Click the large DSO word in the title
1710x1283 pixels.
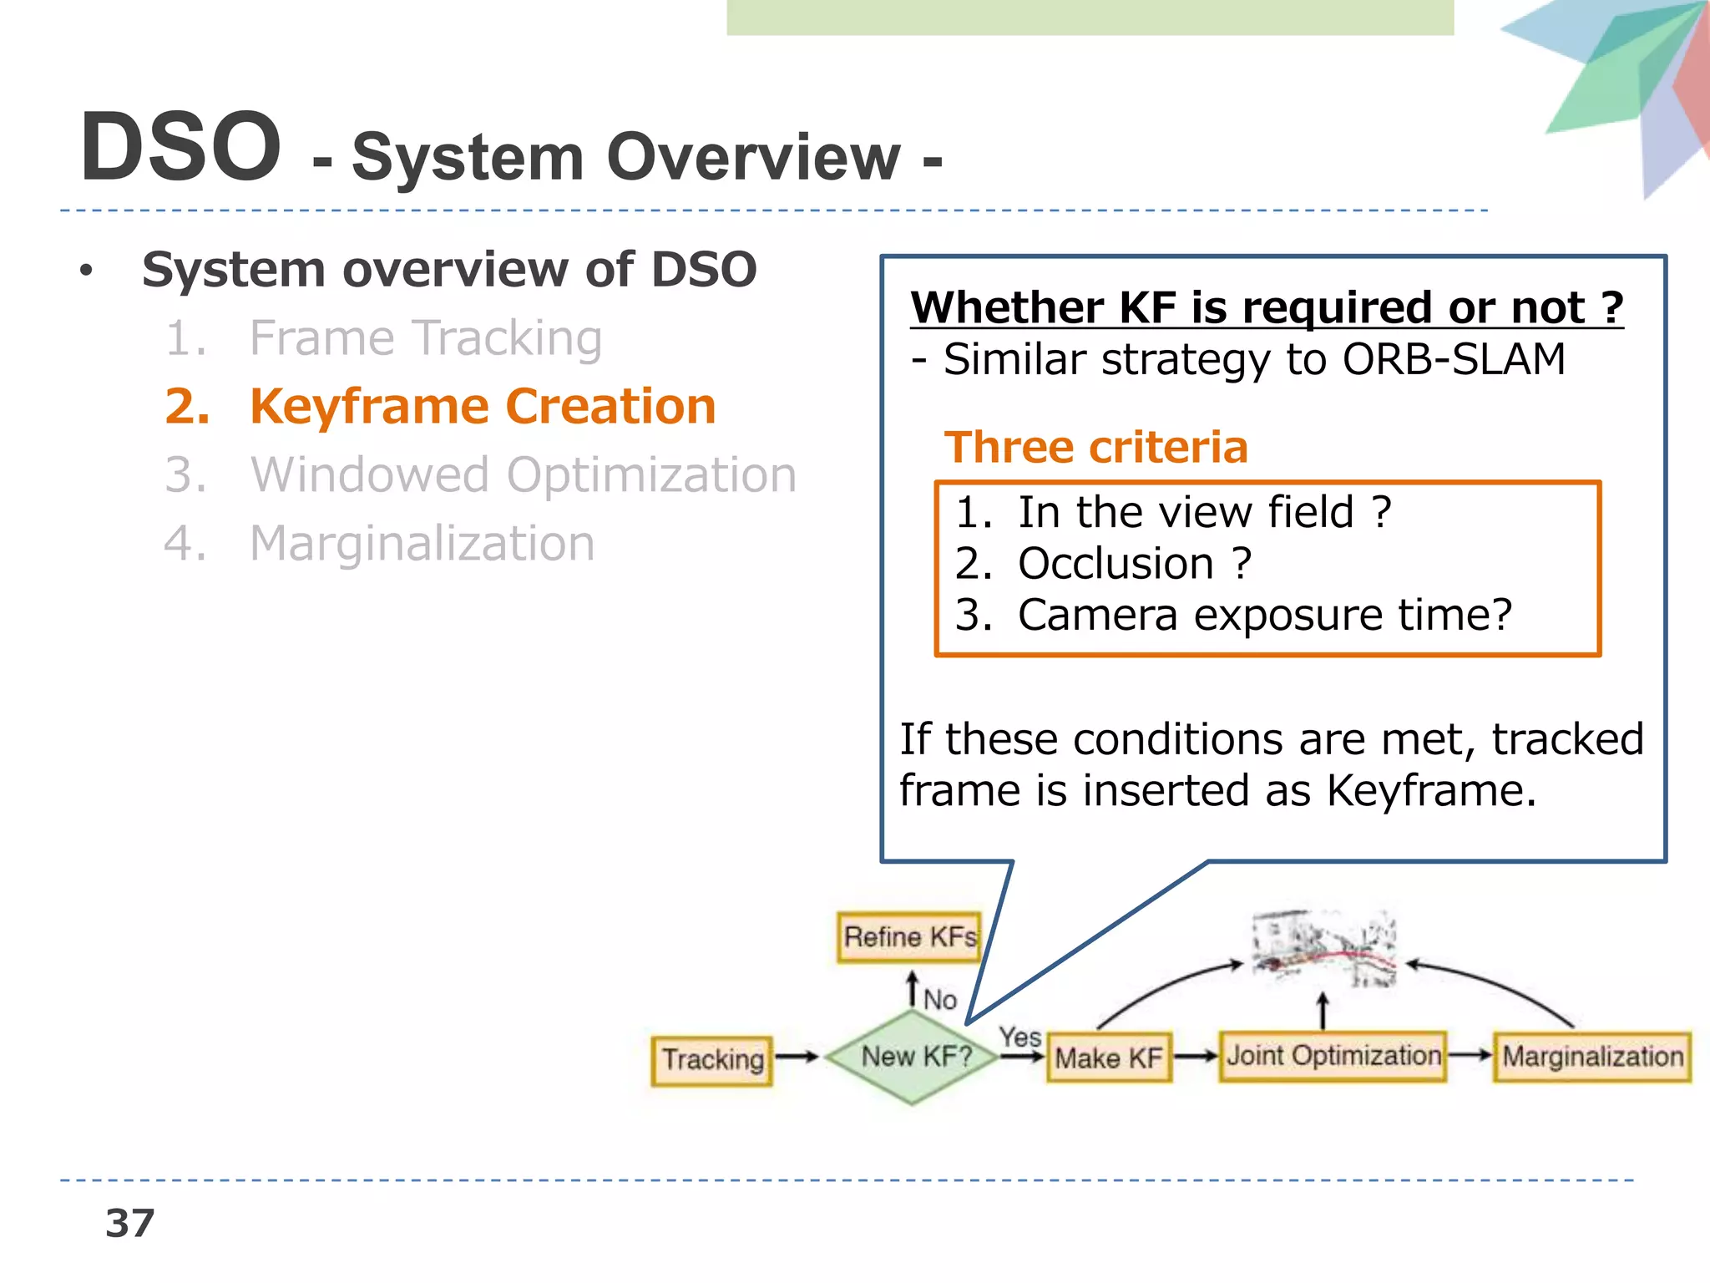click(x=180, y=148)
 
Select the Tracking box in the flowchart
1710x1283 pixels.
click(x=712, y=1060)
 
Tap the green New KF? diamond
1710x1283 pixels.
click(x=913, y=1057)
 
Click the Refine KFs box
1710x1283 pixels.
click(x=908, y=937)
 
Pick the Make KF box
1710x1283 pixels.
click(x=1108, y=1058)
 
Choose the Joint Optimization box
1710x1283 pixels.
click(x=1333, y=1057)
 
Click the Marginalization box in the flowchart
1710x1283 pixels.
click(x=1591, y=1057)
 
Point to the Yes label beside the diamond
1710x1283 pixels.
click(x=1020, y=1037)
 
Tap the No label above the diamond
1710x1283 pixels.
click(x=940, y=999)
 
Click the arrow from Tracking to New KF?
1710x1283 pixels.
click(x=797, y=1057)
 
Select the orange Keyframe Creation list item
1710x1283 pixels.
click(x=482, y=407)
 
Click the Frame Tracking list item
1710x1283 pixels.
click(x=425, y=338)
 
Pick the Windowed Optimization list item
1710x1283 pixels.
click(x=523, y=475)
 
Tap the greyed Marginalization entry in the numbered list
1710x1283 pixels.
click(x=422, y=544)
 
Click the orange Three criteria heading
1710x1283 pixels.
click(x=1095, y=448)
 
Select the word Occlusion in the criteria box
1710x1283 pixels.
click(x=1116, y=564)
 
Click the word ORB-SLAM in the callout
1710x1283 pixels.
click(x=1453, y=360)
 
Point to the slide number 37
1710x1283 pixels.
click(x=130, y=1224)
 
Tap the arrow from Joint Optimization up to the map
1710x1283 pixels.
click(x=1323, y=1011)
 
